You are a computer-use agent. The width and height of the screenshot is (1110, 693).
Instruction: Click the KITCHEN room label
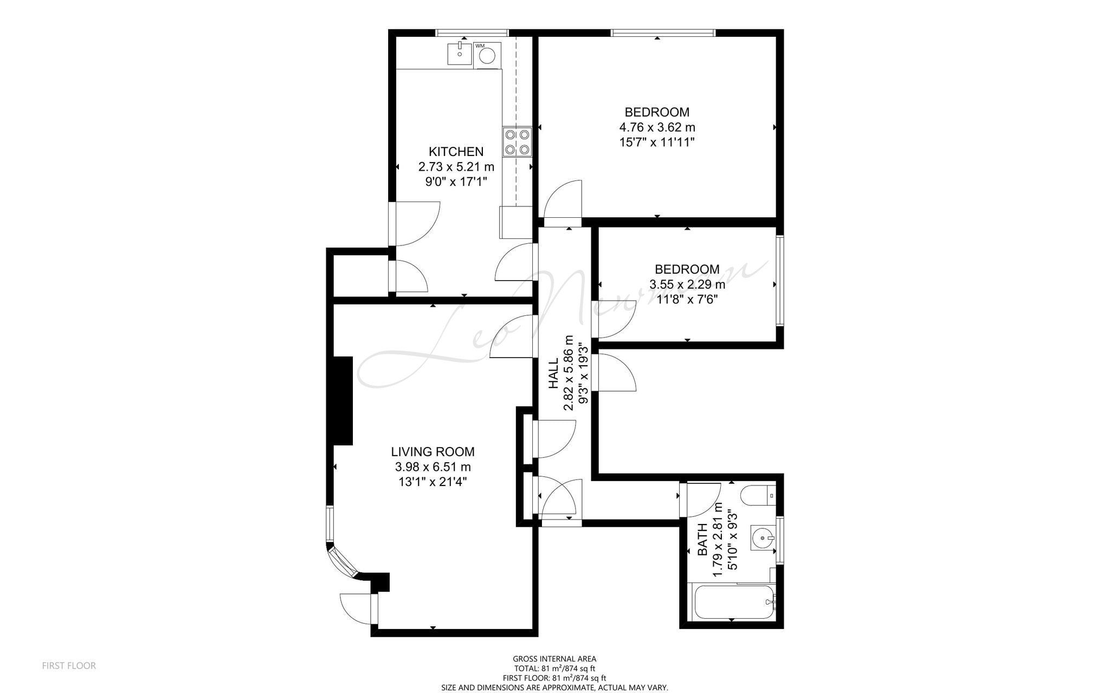pyautogui.click(x=456, y=152)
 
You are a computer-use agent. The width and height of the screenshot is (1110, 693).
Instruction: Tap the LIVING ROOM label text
pyautogui.click(x=433, y=452)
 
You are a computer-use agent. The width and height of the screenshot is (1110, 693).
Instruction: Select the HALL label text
pyautogui.click(x=553, y=373)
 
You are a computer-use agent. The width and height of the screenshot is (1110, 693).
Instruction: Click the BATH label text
pyautogui.click(x=702, y=539)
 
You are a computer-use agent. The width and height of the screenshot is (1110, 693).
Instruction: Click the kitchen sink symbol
pyautogui.click(x=460, y=54)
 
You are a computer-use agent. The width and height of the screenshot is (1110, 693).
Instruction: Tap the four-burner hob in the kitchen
pyautogui.click(x=517, y=141)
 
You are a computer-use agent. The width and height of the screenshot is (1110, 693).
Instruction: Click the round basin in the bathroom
pyautogui.click(x=763, y=538)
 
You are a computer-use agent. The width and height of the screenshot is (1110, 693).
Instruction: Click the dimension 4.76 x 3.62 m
pyautogui.click(x=657, y=127)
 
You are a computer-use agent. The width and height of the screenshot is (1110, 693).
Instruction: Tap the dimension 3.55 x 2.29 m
pyautogui.click(x=687, y=284)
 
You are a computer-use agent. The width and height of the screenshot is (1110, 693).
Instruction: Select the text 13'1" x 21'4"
pyautogui.click(x=433, y=482)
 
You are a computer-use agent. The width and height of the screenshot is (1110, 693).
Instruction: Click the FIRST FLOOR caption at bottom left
pyautogui.click(x=69, y=666)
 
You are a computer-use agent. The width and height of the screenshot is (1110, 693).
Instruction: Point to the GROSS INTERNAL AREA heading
pyautogui.click(x=554, y=659)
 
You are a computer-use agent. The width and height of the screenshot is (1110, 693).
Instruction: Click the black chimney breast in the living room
pyautogui.click(x=343, y=400)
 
